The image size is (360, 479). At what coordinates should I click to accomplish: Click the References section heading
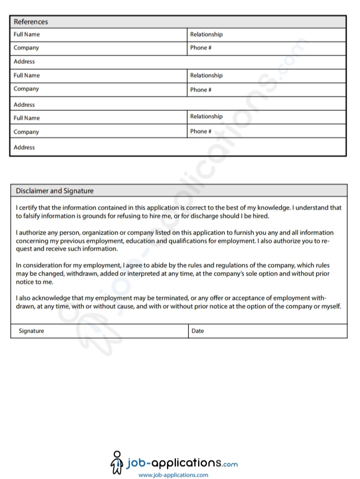[x=31, y=22]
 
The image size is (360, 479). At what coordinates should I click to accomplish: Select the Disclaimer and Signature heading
[x=54, y=191]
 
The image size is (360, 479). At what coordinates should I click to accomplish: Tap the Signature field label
[x=31, y=331]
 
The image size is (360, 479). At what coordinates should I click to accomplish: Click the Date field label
[x=197, y=331]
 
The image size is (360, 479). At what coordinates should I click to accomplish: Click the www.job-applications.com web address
[x=173, y=475]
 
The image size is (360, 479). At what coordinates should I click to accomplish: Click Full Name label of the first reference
[x=27, y=34]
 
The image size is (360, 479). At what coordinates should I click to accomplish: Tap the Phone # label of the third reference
[x=201, y=131]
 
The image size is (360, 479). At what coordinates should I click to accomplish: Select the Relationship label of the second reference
[x=206, y=75]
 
